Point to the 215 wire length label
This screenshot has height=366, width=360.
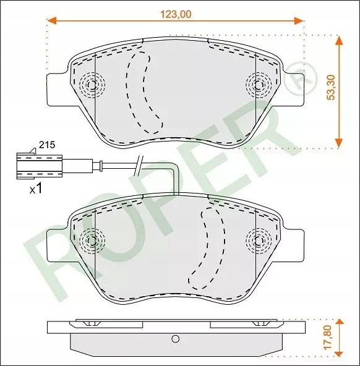tap(47, 145)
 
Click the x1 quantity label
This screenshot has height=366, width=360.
tap(35, 189)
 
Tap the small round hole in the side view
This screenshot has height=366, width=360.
tap(176, 339)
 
